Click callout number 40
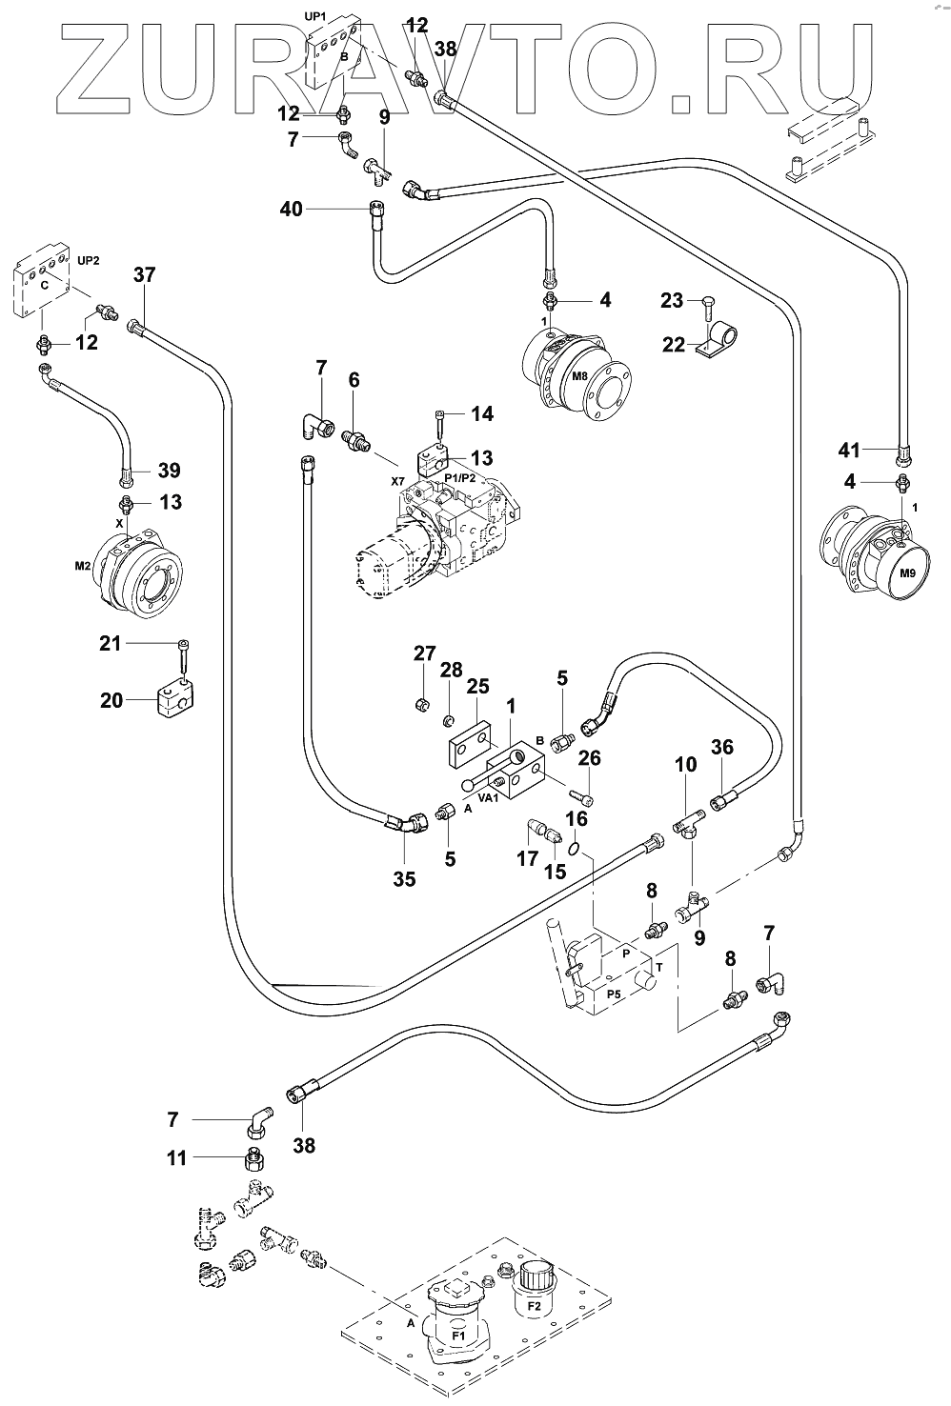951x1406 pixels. pos(291,208)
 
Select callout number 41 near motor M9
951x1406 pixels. pos(850,450)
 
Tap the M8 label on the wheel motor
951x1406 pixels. pos(579,376)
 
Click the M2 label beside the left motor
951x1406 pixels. pos(83,566)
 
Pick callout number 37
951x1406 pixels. pos(144,275)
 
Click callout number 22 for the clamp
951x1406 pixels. pos(674,345)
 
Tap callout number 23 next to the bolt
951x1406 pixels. pos(672,301)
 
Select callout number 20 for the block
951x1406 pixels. pos(111,700)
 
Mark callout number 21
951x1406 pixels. pos(111,644)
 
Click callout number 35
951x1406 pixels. pos(404,879)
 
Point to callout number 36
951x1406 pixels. pos(722,749)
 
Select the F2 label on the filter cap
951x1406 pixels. pos(534,1307)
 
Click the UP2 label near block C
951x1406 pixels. pos(89,260)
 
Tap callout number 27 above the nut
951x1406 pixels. pos(424,653)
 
